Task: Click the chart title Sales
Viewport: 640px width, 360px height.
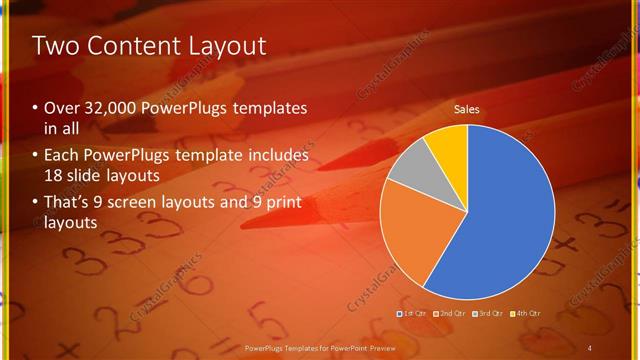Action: point(467,109)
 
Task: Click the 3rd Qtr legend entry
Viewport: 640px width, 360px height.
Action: point(487,314)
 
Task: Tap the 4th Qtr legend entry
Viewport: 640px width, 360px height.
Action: point(524,314)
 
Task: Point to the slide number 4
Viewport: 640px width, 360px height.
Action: point(589,347)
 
